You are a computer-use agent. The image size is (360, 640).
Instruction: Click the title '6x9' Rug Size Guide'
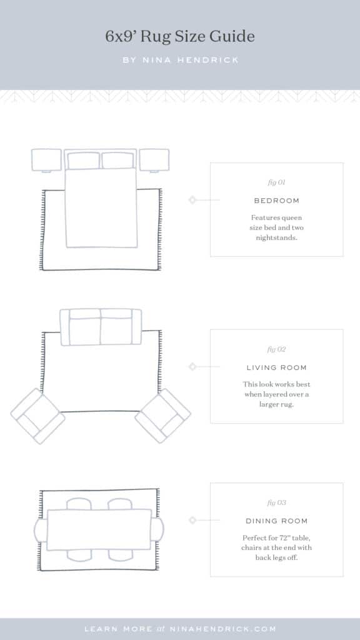point(180,37)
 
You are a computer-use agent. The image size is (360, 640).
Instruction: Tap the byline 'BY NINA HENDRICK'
point(180,61)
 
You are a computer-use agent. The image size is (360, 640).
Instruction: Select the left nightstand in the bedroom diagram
point(46,159)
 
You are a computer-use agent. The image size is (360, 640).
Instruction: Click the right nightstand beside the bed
point(154,159)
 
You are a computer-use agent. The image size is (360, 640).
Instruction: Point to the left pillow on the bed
point(84,161)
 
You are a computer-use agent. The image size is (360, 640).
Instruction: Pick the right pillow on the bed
point(117,161)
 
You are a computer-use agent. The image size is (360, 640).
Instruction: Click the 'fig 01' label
point(276,182)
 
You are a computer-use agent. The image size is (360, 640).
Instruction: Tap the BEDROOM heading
point(276,201)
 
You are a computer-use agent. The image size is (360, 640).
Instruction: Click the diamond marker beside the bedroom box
point(192,200)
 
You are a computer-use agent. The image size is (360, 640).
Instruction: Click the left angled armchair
point(37,416)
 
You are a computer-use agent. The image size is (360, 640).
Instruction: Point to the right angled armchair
point(163,416)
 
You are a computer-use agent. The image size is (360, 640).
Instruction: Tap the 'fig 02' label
point(276,349)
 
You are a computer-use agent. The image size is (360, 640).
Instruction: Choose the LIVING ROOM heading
point(276,367)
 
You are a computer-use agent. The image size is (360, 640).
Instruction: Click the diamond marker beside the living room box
point(192,366)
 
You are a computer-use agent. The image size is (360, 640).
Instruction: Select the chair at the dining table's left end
point(41,530)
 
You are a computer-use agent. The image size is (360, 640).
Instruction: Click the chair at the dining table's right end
point(158,530)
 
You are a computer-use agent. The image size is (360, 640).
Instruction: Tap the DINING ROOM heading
point(276,521)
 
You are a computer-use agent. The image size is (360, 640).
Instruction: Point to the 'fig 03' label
point(276,502)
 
